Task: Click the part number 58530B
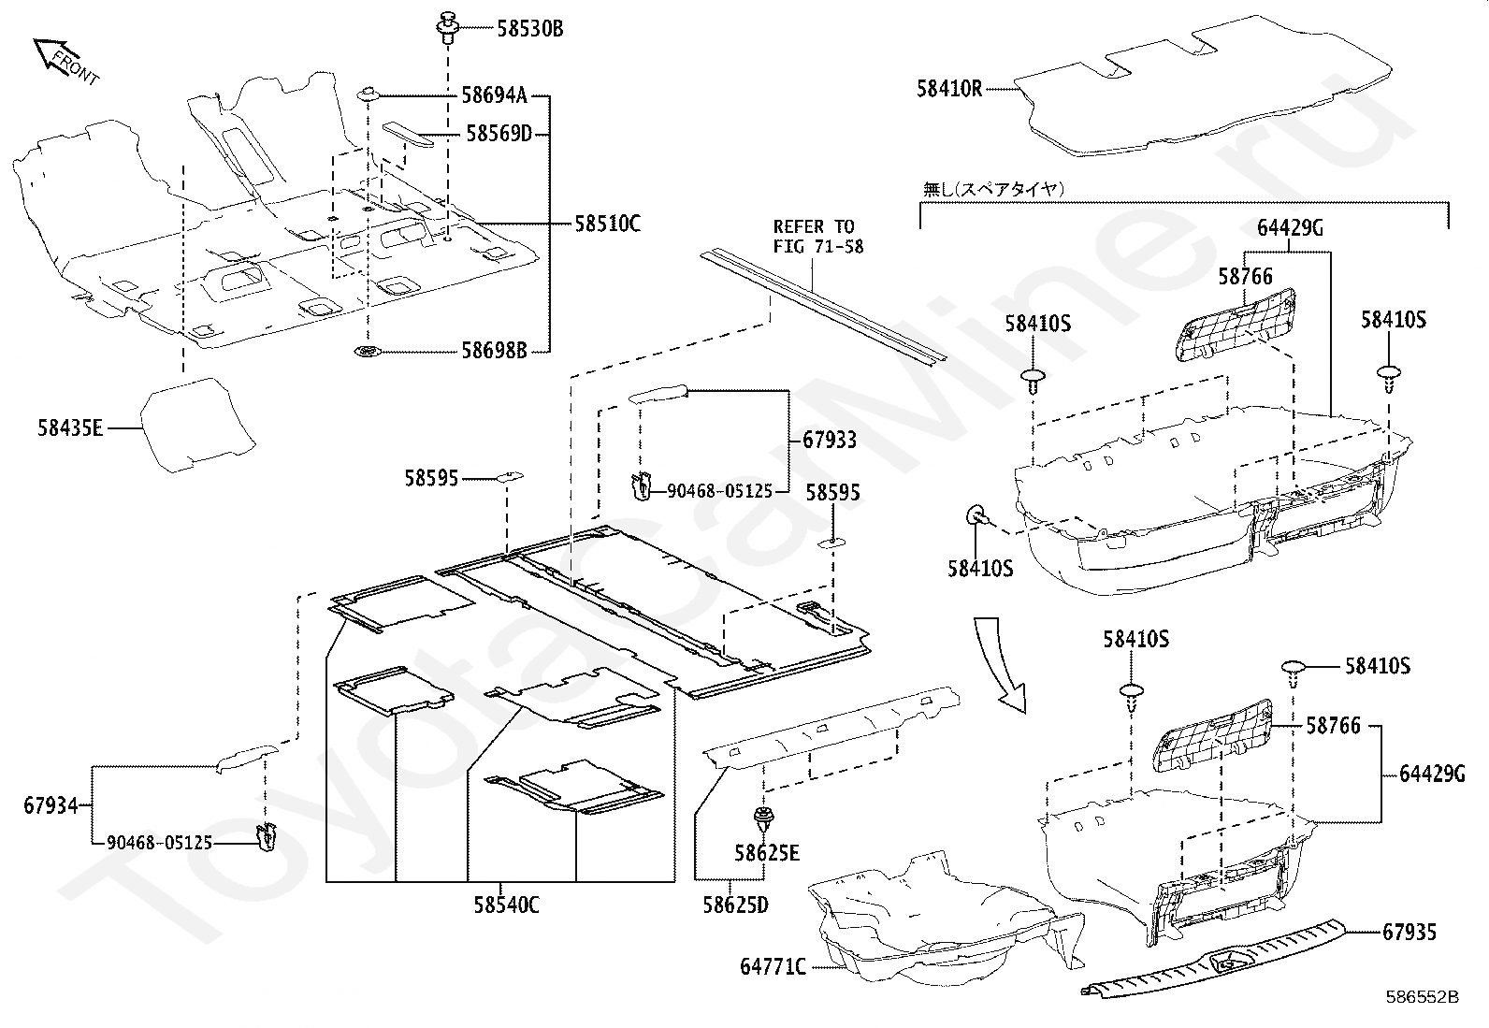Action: click(x=529, y=29)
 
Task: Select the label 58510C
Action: click(x=607, y=224)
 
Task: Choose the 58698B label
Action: click(x=494, y=352)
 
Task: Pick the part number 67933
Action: click(x=829, y=440)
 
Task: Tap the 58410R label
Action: click(x=949, y=90)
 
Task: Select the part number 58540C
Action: click(x=505, y=905)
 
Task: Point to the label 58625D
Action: click(x=736, y=905)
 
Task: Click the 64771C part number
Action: click(x=773, y=967)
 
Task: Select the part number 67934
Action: click(x=51, y=804)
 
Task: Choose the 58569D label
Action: click(x=499, y=134)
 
